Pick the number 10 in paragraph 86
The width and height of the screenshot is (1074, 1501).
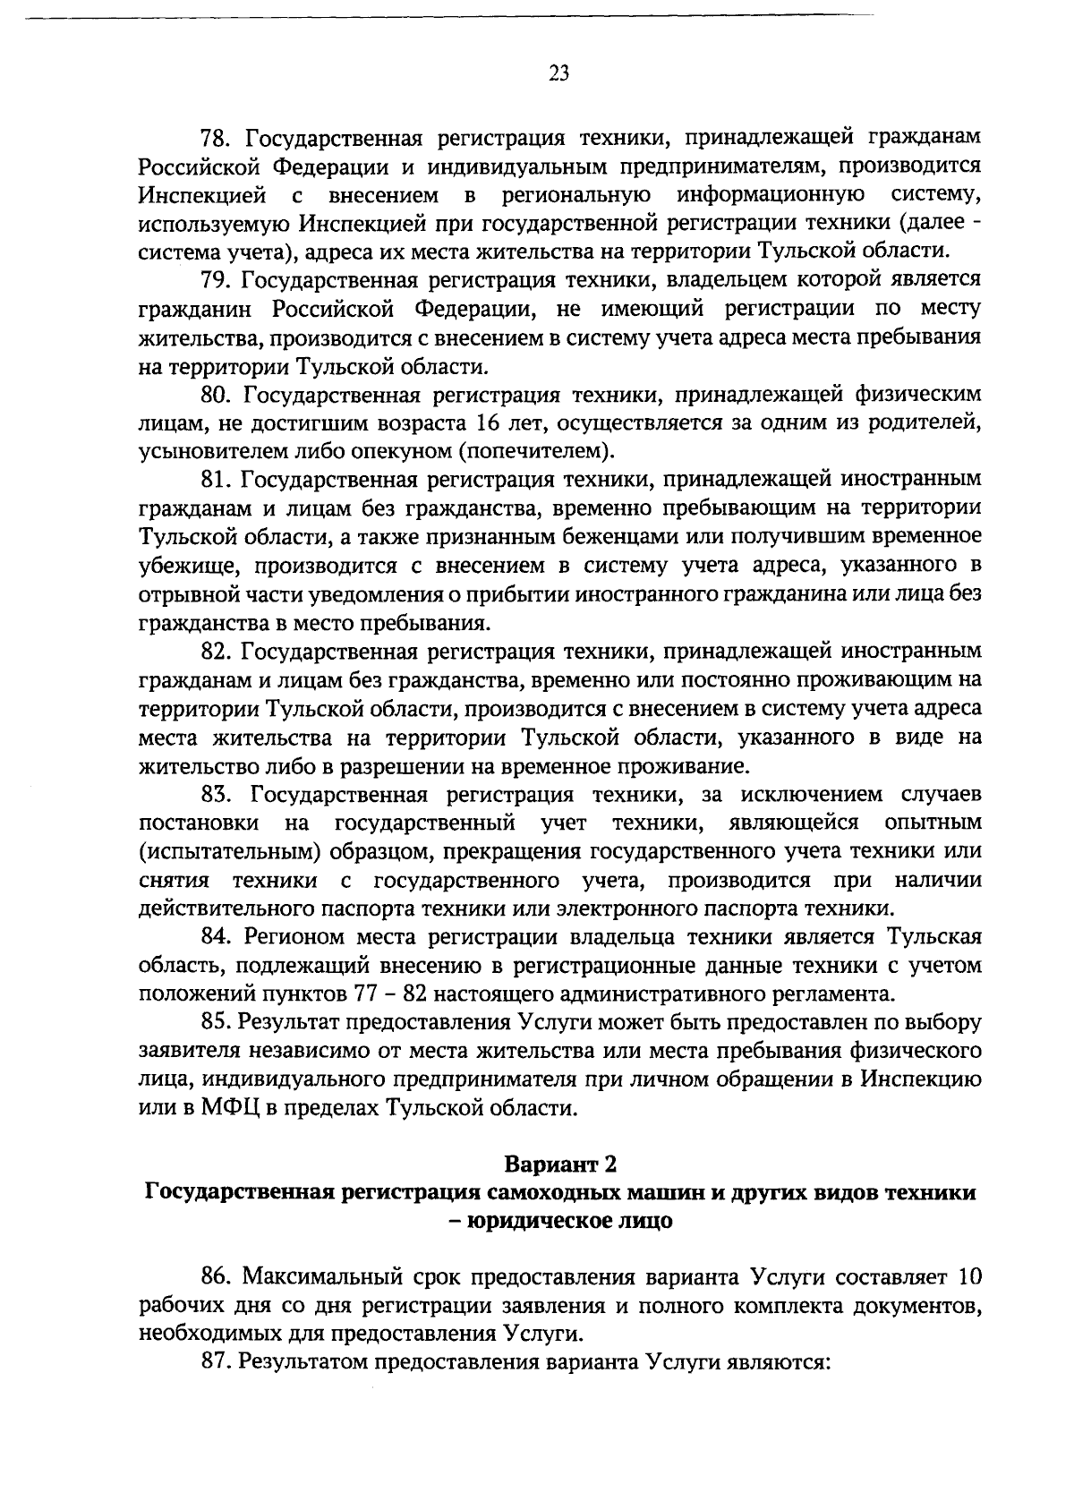pos(968,1275)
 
